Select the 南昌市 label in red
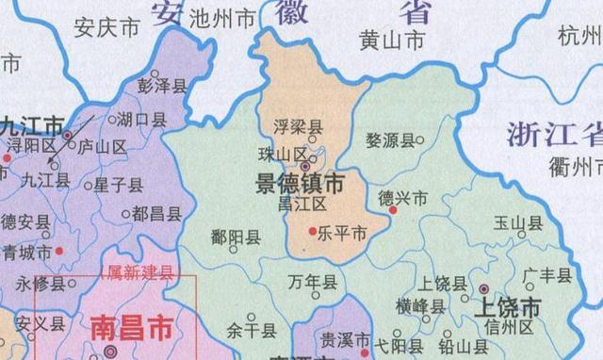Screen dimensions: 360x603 pos(131,328)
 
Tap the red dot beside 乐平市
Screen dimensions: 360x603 pos(313,230)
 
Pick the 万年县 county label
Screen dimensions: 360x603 pos(312,282)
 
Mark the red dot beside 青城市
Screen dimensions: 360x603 pos(58,251)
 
